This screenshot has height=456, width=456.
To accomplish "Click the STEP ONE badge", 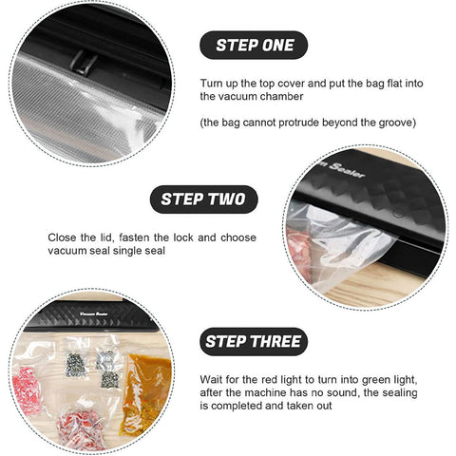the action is pyautogui.click(x=254, y=45).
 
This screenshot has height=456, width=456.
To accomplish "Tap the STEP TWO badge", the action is pyautogui.click(x=203, y=199).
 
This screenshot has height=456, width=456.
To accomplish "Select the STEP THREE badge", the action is pyautogui.click(x=254, y=342).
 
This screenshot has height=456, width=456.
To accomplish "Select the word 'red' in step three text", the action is pyautogui.click(x=270, y=379).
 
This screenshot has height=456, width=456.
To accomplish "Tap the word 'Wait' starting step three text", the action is pyautogui.click(x=210, y=379).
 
